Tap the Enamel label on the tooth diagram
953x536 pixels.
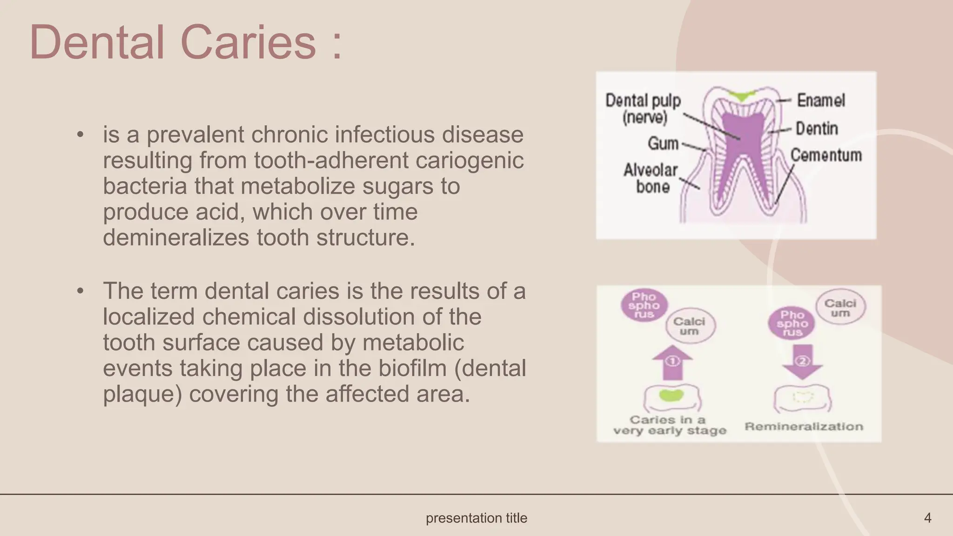(821, 100)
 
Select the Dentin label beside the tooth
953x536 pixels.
(817, 128)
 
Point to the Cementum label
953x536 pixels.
(826, 155)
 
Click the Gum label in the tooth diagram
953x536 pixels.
(663, 143)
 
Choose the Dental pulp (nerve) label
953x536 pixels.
(643, 108)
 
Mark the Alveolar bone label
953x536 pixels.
(651, 178)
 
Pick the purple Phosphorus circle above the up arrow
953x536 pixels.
(644, 305)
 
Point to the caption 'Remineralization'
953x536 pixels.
(804, 426)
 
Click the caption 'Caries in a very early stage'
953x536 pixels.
(669, 425)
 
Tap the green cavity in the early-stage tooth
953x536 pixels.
(671, 395)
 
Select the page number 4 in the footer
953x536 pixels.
(927, 518)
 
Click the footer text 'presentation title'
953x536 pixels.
(476, 518)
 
